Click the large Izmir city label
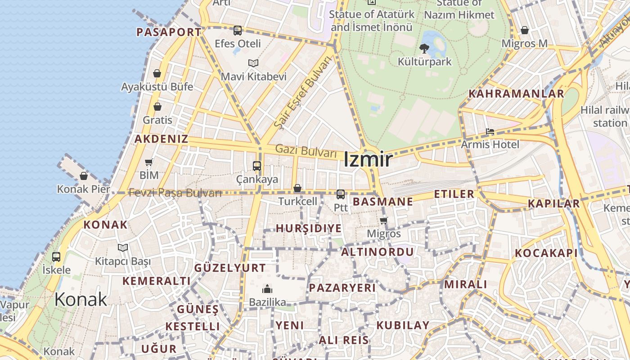368,159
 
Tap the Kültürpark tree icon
424,48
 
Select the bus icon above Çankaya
257,166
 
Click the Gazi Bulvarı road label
306,151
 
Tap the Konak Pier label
83,189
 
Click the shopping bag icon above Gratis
157,107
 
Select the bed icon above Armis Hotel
490,131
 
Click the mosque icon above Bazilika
267,288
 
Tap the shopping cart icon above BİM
149,162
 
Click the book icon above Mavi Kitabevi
253,63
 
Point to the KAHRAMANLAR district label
516,94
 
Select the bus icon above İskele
56,257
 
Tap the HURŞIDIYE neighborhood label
309,228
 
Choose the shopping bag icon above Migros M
524,31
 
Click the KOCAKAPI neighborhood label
546,253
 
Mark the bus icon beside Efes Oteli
238,31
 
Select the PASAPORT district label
169,32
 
